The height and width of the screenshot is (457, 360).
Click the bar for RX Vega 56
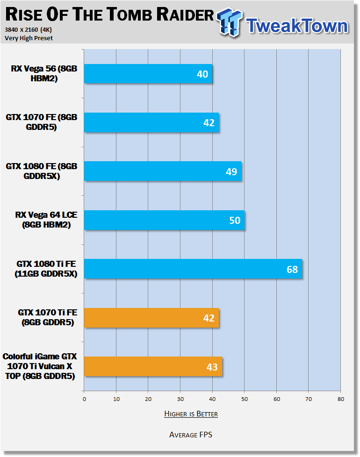(x=148, y=74)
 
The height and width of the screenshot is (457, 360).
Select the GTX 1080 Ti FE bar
(x=193, y=269)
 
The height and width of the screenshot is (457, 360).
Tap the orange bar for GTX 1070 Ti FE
(x=151, y=318)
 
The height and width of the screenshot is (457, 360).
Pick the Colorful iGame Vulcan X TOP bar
(x=153, y=366)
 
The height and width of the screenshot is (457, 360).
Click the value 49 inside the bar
(x=231, y=171)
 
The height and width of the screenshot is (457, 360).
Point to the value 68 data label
(x=292, y=269)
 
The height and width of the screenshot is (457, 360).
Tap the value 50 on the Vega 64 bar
(x=235, y=221)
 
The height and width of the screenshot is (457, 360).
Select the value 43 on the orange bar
(x=212, y=367)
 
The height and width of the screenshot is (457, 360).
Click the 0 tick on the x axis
(x=84, y=399)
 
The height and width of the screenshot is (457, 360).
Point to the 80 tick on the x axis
(x=341, y=399)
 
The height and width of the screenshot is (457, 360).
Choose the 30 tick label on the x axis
(x=180, y=399)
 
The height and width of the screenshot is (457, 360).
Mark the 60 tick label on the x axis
(x=277, y=399)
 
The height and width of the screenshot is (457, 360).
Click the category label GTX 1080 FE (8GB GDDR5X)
(x=42, y=171)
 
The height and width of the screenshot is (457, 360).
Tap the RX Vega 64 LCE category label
(x=46, y=220)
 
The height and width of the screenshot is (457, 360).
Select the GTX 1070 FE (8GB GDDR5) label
(x=42, y=122)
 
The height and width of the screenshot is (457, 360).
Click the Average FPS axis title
(x=191, y=435)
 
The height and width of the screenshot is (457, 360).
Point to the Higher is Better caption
(x=191, y=414)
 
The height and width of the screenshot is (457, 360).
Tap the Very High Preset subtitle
(x=29, y=38)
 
